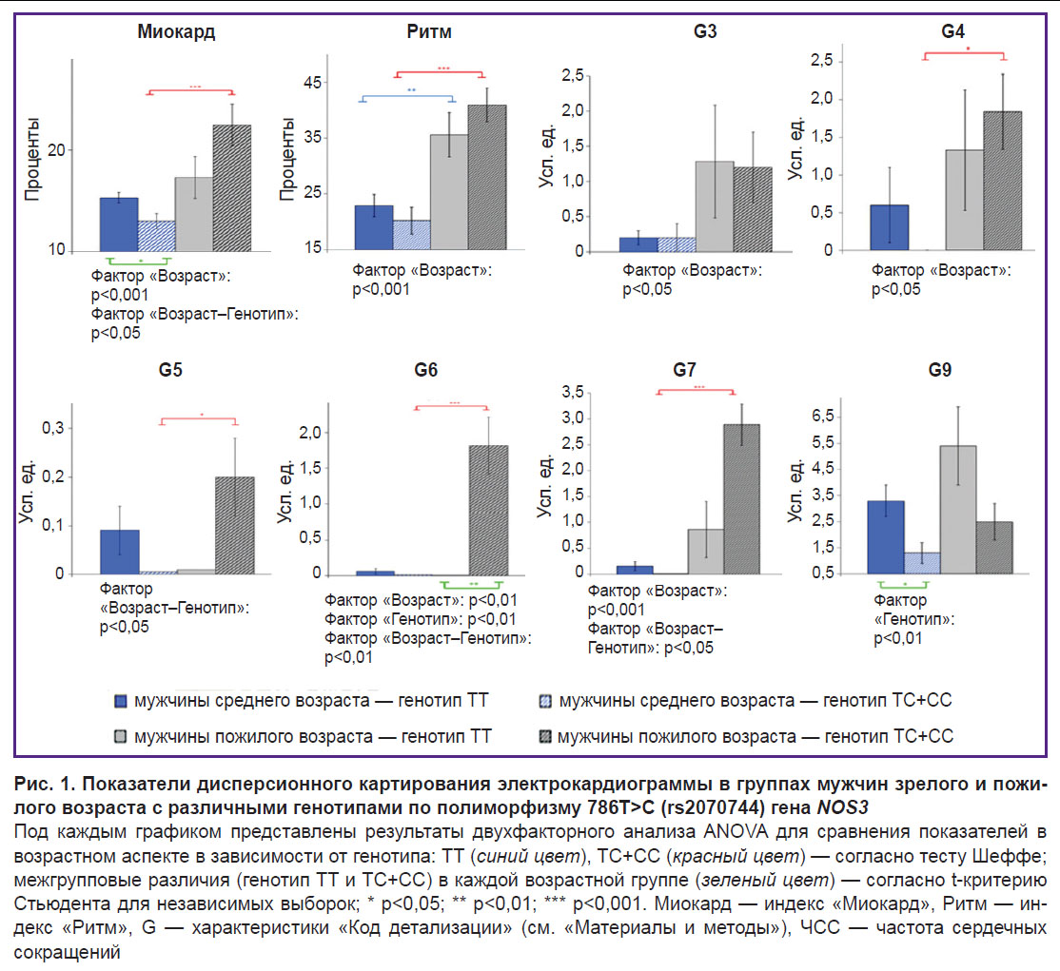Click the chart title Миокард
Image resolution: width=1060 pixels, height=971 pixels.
pyautogui.click(x=175, y=31)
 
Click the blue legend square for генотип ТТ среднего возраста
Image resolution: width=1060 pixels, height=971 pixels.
pyautogui.click(x=121, y=701)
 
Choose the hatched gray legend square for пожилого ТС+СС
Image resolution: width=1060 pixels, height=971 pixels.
pyautogui.click(x=544, y=736)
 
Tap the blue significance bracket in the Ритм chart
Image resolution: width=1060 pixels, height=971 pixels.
pyautogui.click(x=406, y=98)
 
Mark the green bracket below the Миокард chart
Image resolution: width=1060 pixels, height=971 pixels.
pyautogui.click(x=139, y=261)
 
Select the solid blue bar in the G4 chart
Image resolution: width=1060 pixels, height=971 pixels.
pyautogui.click(x=888, y=227)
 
